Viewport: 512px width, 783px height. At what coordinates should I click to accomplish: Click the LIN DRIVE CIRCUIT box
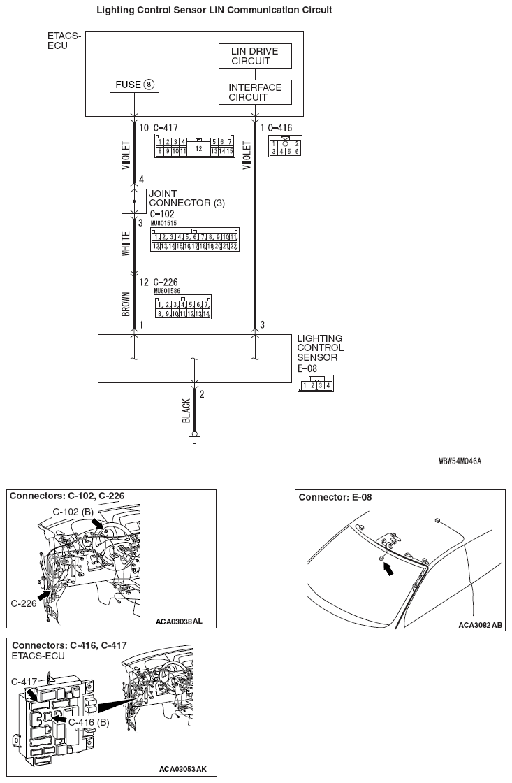[254, 56]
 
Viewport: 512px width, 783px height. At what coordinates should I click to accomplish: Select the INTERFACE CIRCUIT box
[255, 92]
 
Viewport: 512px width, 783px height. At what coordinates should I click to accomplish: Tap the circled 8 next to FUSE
[149, 85]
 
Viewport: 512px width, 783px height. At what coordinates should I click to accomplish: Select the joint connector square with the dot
[134, 201]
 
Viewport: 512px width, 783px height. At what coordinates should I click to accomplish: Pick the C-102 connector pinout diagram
[195, 240]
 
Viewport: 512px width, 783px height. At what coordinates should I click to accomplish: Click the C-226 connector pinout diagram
[183, 308]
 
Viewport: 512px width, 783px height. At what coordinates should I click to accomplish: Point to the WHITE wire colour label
[126, 244]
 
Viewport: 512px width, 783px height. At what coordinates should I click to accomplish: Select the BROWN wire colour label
[126, 302]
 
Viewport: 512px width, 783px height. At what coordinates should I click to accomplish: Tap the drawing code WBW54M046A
[460, 461]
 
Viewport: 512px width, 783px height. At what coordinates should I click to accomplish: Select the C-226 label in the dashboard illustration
[24, 602]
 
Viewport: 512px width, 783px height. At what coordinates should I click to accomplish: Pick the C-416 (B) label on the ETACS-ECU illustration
[87, 721]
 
